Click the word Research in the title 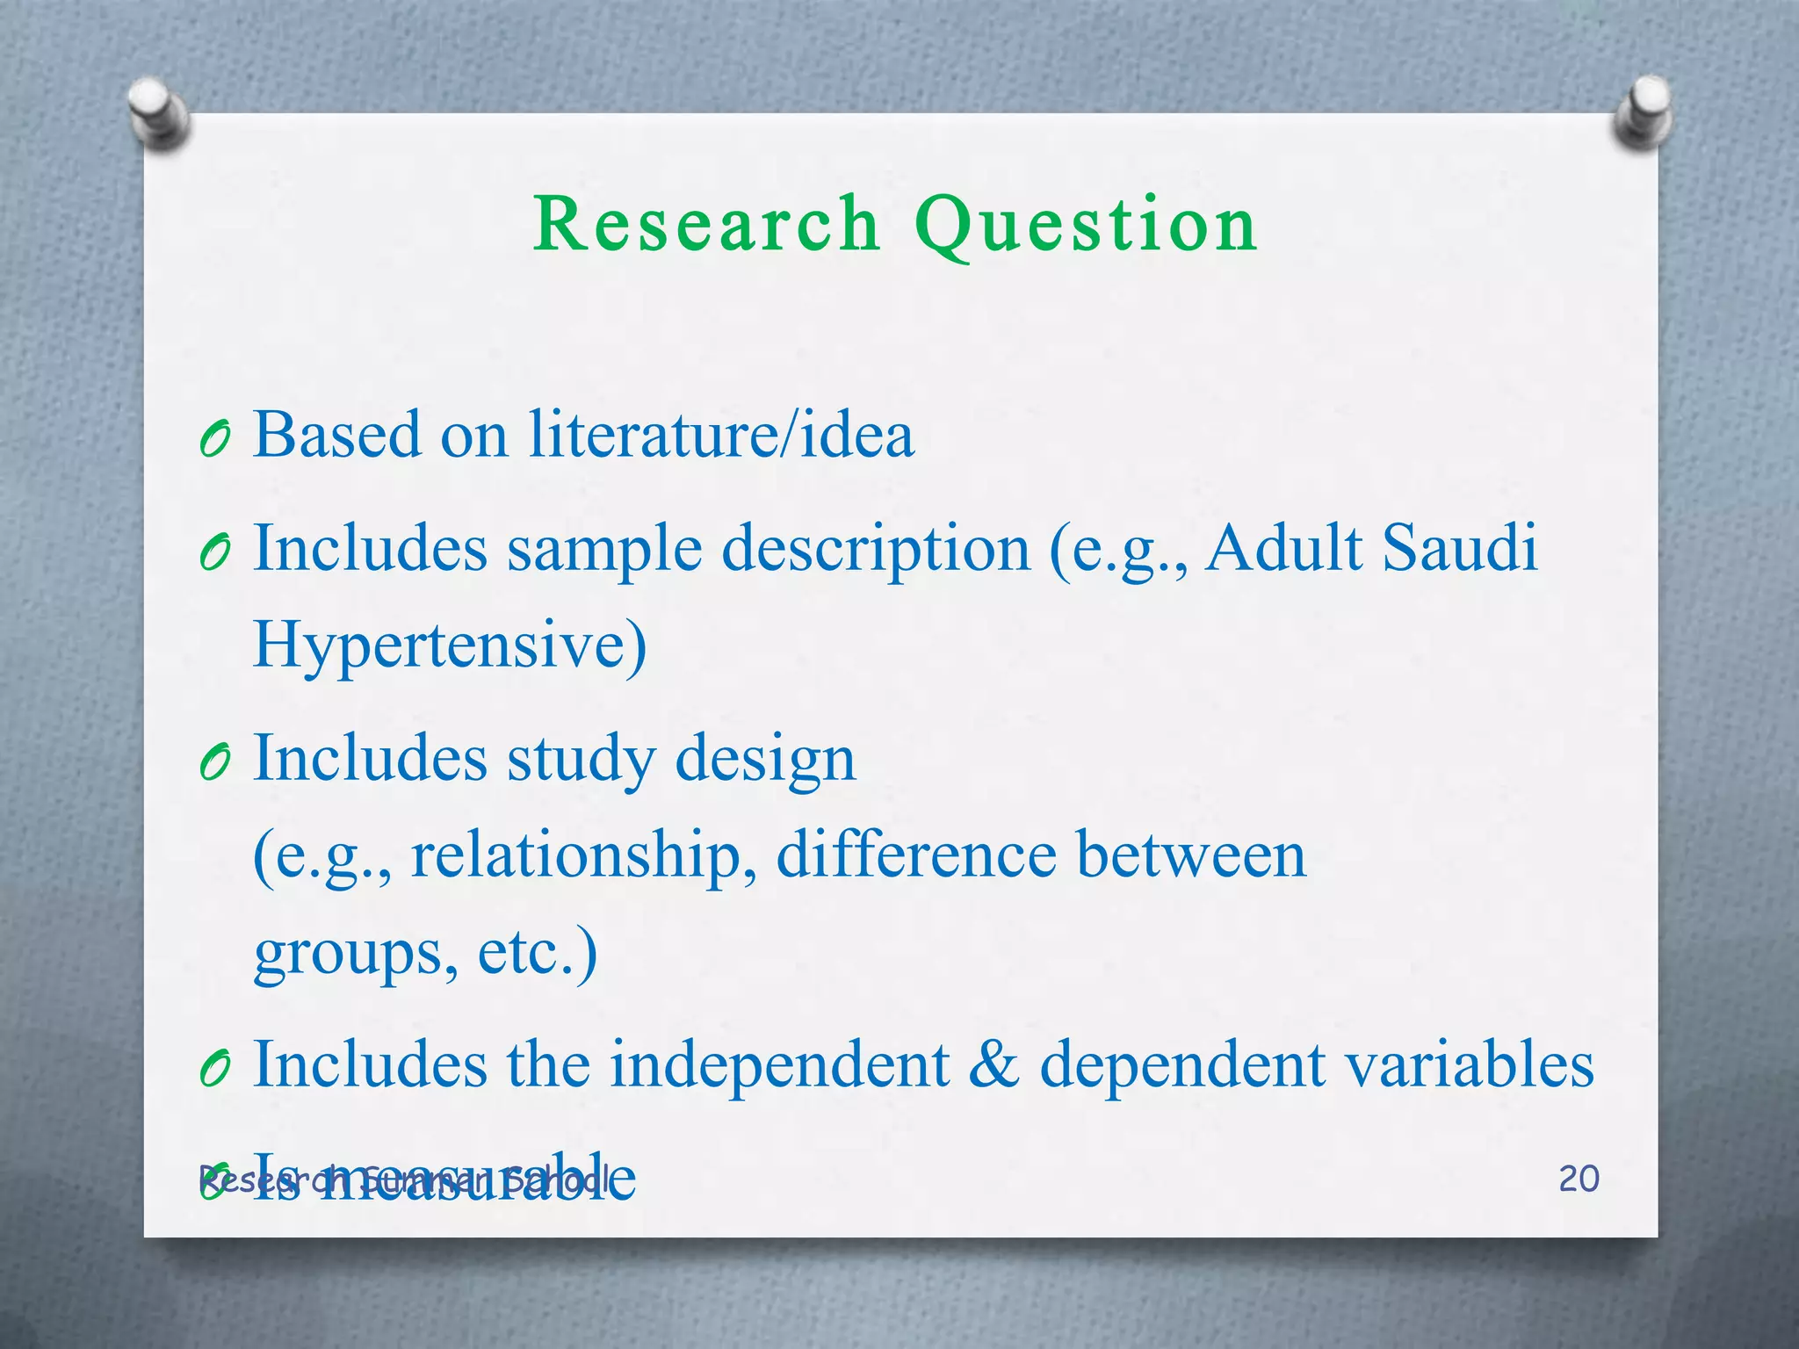(706, 225)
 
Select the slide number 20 (1579, 1179)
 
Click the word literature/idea (721, 435)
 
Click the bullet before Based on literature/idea (214, 438)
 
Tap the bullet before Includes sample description (214, 552)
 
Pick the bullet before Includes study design (214, 762)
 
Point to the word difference (916, 855)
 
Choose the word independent (780, 1064)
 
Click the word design (764, 760)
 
